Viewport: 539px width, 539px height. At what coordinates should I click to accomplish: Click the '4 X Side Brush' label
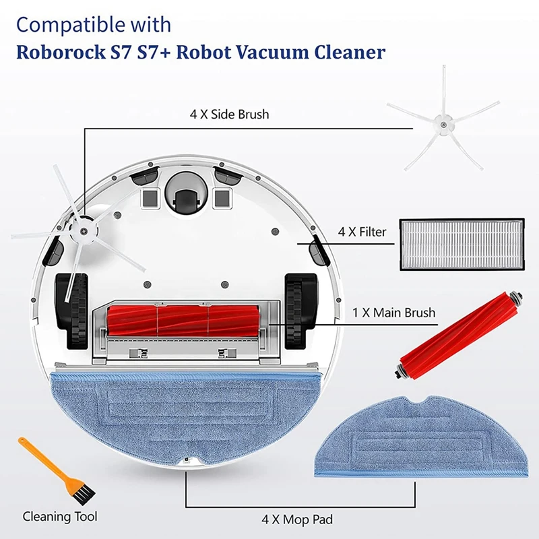click(x=229, y=114)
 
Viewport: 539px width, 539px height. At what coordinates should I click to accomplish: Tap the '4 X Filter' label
click(x=362, y=232)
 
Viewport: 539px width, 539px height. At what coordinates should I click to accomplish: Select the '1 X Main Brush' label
click(x=394, y=313)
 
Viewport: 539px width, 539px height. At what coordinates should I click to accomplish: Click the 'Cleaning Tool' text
click(x=60, y=517)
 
